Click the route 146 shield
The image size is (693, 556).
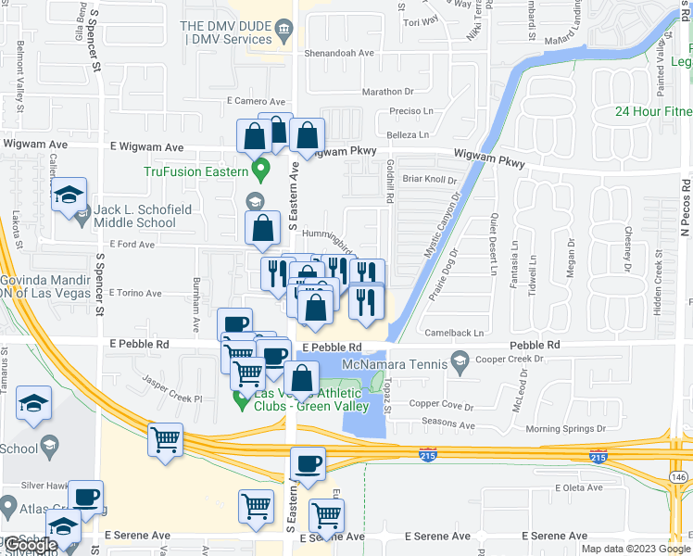pyautogui.click(x=679, y=475)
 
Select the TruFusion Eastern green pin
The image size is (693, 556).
pyautogui.click(x=261, y=171)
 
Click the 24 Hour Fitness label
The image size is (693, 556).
pyautogui.click(x=653, y=112)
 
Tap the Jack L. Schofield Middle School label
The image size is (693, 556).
pyautogui.click(x=135, y=216)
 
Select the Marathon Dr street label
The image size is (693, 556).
pyautogui.click(x=387, y=92)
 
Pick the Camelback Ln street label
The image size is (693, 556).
pyautogui.click(x=454, y=333)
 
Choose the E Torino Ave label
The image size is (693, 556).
pyautogui.click(x=136, y=293)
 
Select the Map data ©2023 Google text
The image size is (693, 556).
pyautogui.click(x=635, y=549)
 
